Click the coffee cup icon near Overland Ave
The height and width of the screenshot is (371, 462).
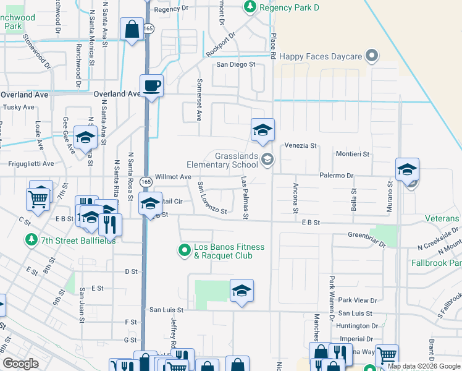pyautogui.click(x=151, y=85)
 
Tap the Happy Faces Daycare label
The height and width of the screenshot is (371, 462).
pyautogui.click(x=320, y=56)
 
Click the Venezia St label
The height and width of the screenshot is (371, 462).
pyautogui.click(x=300, y=146)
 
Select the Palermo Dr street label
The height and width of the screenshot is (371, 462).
pyautogui.click(x=336, y=176)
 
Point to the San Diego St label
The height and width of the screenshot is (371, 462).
pyautogui.click(x=235, y=64)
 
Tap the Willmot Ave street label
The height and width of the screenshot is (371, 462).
pyautogui.click(x=173, y=177)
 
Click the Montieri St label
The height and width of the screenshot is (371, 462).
pyautogui.click(x=352, y=154)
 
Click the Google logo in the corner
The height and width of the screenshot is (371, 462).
pyautogui.click(x=20, y=364)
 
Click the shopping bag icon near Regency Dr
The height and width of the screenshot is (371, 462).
pyautogui.click(x=132, y=30)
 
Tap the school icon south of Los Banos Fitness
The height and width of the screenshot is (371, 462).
pyautogui.click(x=241, y=291)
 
